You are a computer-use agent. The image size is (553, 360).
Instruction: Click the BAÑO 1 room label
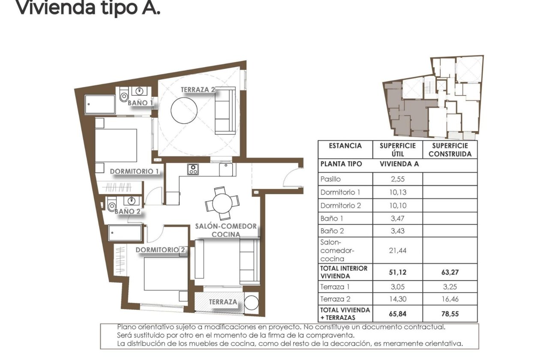click(x=140, y=103)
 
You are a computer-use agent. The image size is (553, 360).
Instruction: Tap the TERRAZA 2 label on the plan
click(x=198, y=90)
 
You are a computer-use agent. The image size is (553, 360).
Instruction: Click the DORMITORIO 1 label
click(x=135, y=171)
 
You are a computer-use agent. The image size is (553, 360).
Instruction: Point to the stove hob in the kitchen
click(x=193, y=169)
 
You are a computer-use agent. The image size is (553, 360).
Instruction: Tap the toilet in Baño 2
click(x=112, y=204)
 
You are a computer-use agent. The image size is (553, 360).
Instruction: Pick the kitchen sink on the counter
click(x=227, y=170)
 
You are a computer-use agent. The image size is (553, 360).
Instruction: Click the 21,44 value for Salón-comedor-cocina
click(x=397, y=251)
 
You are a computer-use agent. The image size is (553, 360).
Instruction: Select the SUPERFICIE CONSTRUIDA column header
click(x=450, y=150)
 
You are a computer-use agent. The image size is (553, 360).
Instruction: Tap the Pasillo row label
click(x=331, y=179)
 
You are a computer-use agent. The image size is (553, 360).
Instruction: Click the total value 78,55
click(x=450, y=314)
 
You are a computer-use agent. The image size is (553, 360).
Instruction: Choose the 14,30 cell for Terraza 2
click(x=397, y=299)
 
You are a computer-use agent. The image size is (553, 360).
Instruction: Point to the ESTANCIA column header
click(x=345, y=146)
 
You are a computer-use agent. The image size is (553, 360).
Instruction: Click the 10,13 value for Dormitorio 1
click(x=397, y=192)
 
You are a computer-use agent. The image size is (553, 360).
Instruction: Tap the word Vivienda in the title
click(x=47, y=8)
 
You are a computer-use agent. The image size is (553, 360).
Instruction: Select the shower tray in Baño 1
click(x=100, y=104)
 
